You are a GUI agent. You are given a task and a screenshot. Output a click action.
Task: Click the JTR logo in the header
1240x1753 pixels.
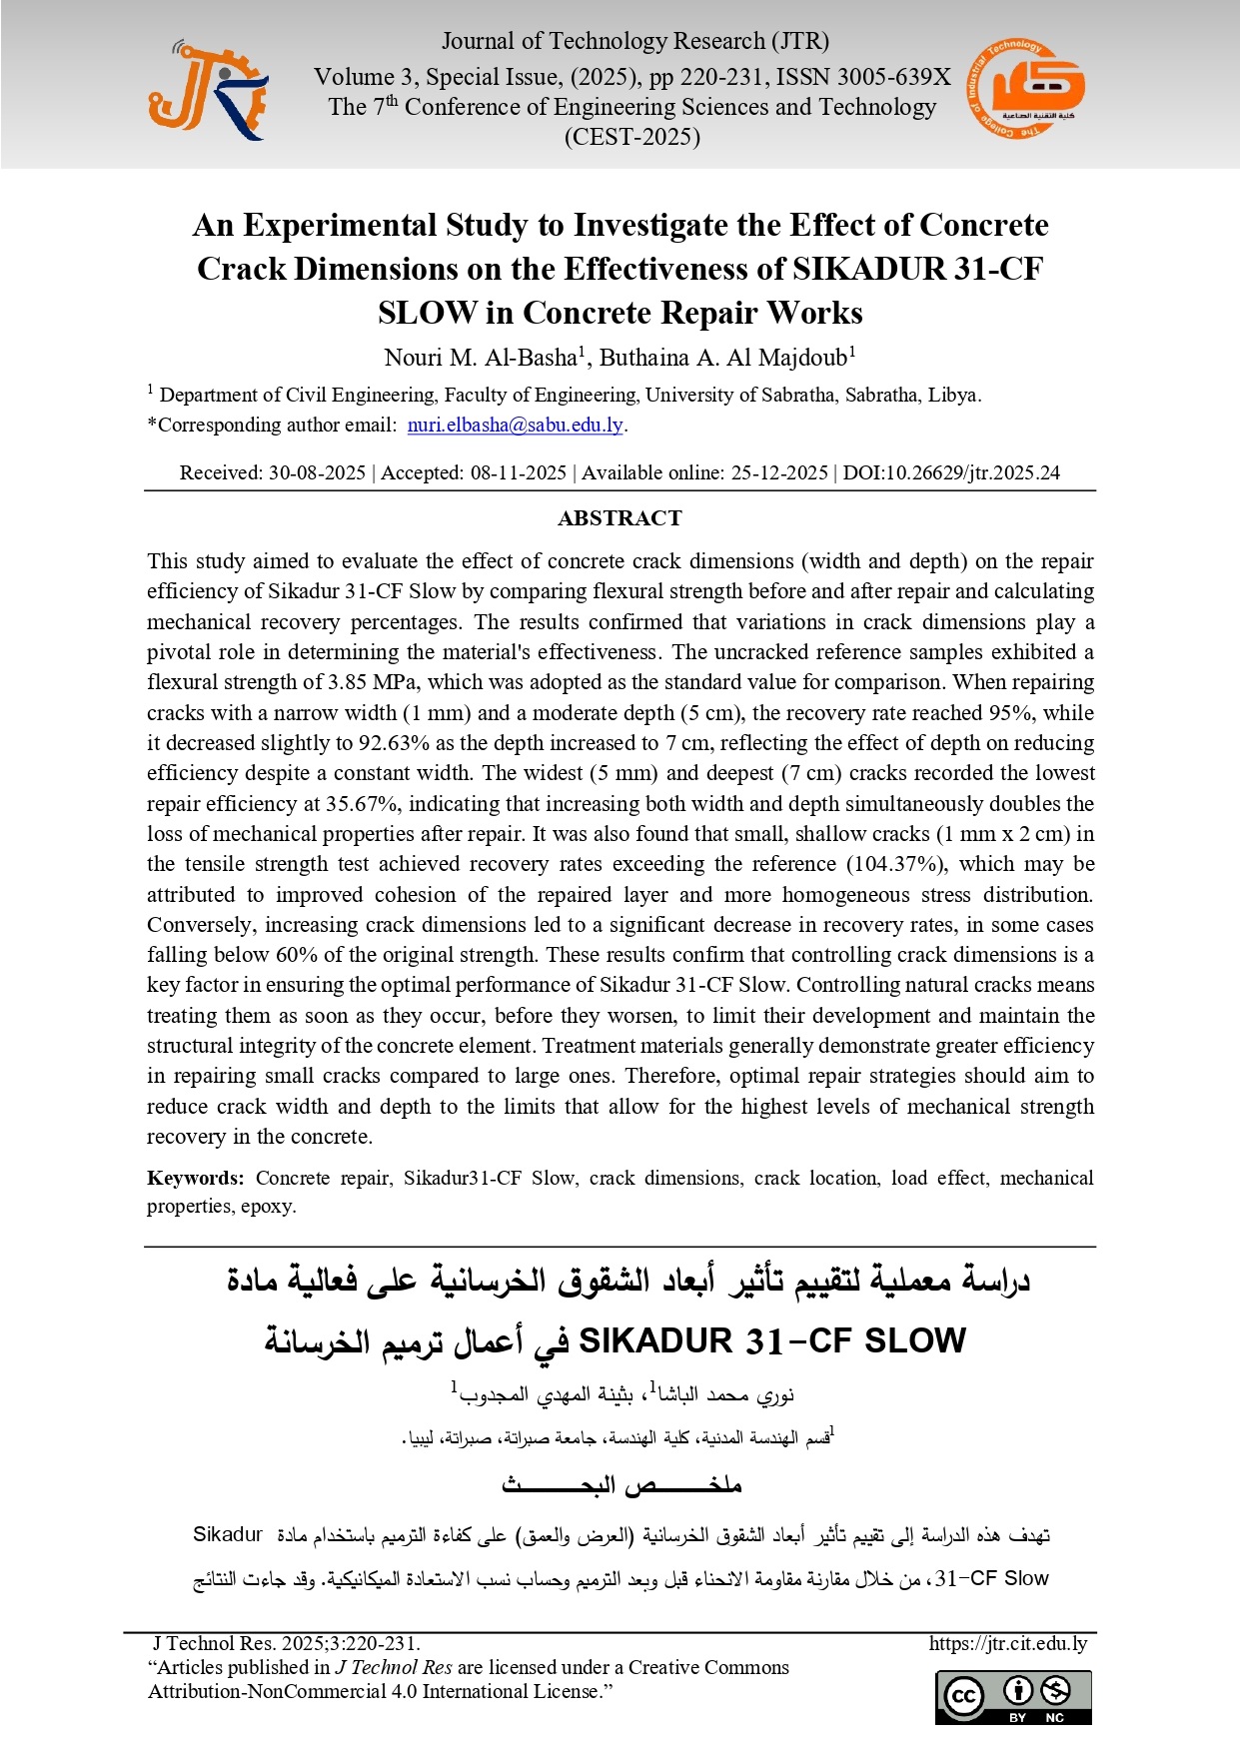pyautogui.click(x=208, y=91)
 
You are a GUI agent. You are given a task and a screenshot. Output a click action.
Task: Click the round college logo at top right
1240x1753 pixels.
pyautogui.click(x=1025, y=89)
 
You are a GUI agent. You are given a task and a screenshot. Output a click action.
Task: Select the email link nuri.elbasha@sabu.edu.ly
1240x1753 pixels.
pyautogui.click(x=515, y=425)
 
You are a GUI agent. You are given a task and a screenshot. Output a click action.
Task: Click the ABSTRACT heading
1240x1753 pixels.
pyautogui.click(x=620, y=518)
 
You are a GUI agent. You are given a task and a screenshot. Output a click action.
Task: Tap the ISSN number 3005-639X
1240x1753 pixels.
pyautogui.click(x=893, y=77)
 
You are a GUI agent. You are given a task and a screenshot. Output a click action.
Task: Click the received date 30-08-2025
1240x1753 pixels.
pyautogui.click(x=317, y=472)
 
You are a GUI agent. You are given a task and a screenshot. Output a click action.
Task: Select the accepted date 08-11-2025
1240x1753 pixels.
pyautogui.click(x=519, y=472)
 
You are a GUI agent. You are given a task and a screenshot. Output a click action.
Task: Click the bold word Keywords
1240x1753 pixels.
pyautogui.click(x=195, y=1178)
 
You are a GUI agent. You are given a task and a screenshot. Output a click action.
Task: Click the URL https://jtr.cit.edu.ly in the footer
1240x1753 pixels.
pyautogui.click(x=1007, y=1643)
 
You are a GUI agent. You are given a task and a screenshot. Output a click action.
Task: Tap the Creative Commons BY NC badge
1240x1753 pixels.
pyautogui.click(x=1013, y=1697)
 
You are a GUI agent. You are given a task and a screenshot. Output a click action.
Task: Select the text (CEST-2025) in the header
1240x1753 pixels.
pyautogui.click(x=631, y=137)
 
